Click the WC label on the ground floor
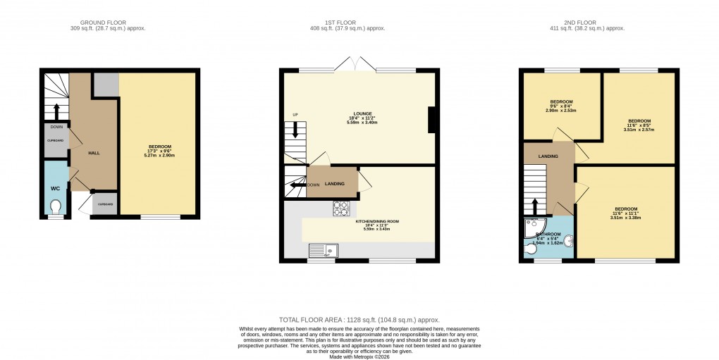point(56,189)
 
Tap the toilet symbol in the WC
point(56,206)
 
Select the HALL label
point(93,152)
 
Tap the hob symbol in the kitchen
point(341,209)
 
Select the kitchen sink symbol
point(324,250)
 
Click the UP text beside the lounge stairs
point(295,114)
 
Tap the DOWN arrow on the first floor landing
point(296,185)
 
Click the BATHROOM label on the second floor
point(548,234)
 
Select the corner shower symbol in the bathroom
point(530,225)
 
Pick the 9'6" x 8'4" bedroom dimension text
point(561,106)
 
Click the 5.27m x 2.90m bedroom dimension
point(159,156)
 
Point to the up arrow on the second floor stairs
point(534,206)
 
